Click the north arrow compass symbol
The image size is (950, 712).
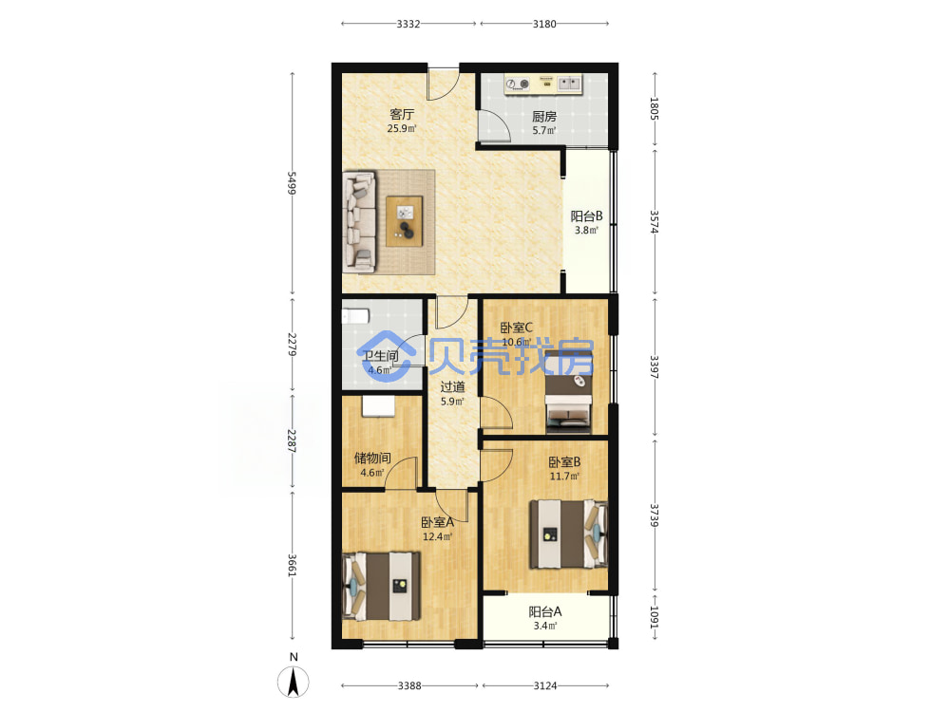(x=294, y=682)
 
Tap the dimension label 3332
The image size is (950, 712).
(x=408, y=24)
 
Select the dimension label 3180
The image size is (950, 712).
(x=544, y=24)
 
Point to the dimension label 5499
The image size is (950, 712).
(x=292, y=183)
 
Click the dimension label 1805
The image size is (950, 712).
(x=655, y=108)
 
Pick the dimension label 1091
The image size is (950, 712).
(x=655, y=617)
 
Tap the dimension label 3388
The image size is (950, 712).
(x=409, y=685)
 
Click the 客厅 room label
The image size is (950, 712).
(x=402, y=115)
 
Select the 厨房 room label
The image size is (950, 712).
(x=544, y=116)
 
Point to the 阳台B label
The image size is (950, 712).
(x=586, y=216)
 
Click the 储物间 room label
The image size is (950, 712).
(x=372, y=459)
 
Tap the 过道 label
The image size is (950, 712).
(x=452, y=387)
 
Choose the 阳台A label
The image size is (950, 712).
(x=544, y=611)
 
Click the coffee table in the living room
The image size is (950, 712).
(x=405, y=221)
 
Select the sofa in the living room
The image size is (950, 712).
(x=359, y=221)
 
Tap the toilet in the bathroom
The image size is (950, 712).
(x=355, y=316)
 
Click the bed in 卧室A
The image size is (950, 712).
(x=382, y=586)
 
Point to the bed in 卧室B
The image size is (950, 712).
(x=569, y=534)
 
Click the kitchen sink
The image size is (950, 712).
(x=569, y=83)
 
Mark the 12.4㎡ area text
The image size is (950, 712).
(x=437, y=536)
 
